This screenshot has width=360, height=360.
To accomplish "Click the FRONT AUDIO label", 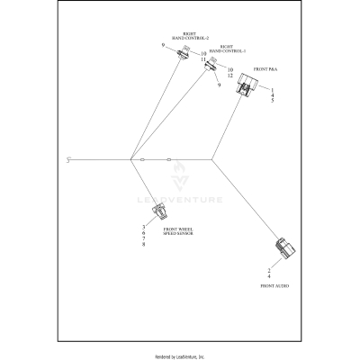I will [274, 283].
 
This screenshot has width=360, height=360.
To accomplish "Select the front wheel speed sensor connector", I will [162, 211].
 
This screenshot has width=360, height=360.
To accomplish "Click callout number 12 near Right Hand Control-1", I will [230, 76].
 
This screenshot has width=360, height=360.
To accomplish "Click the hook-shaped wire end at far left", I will [69, 160].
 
